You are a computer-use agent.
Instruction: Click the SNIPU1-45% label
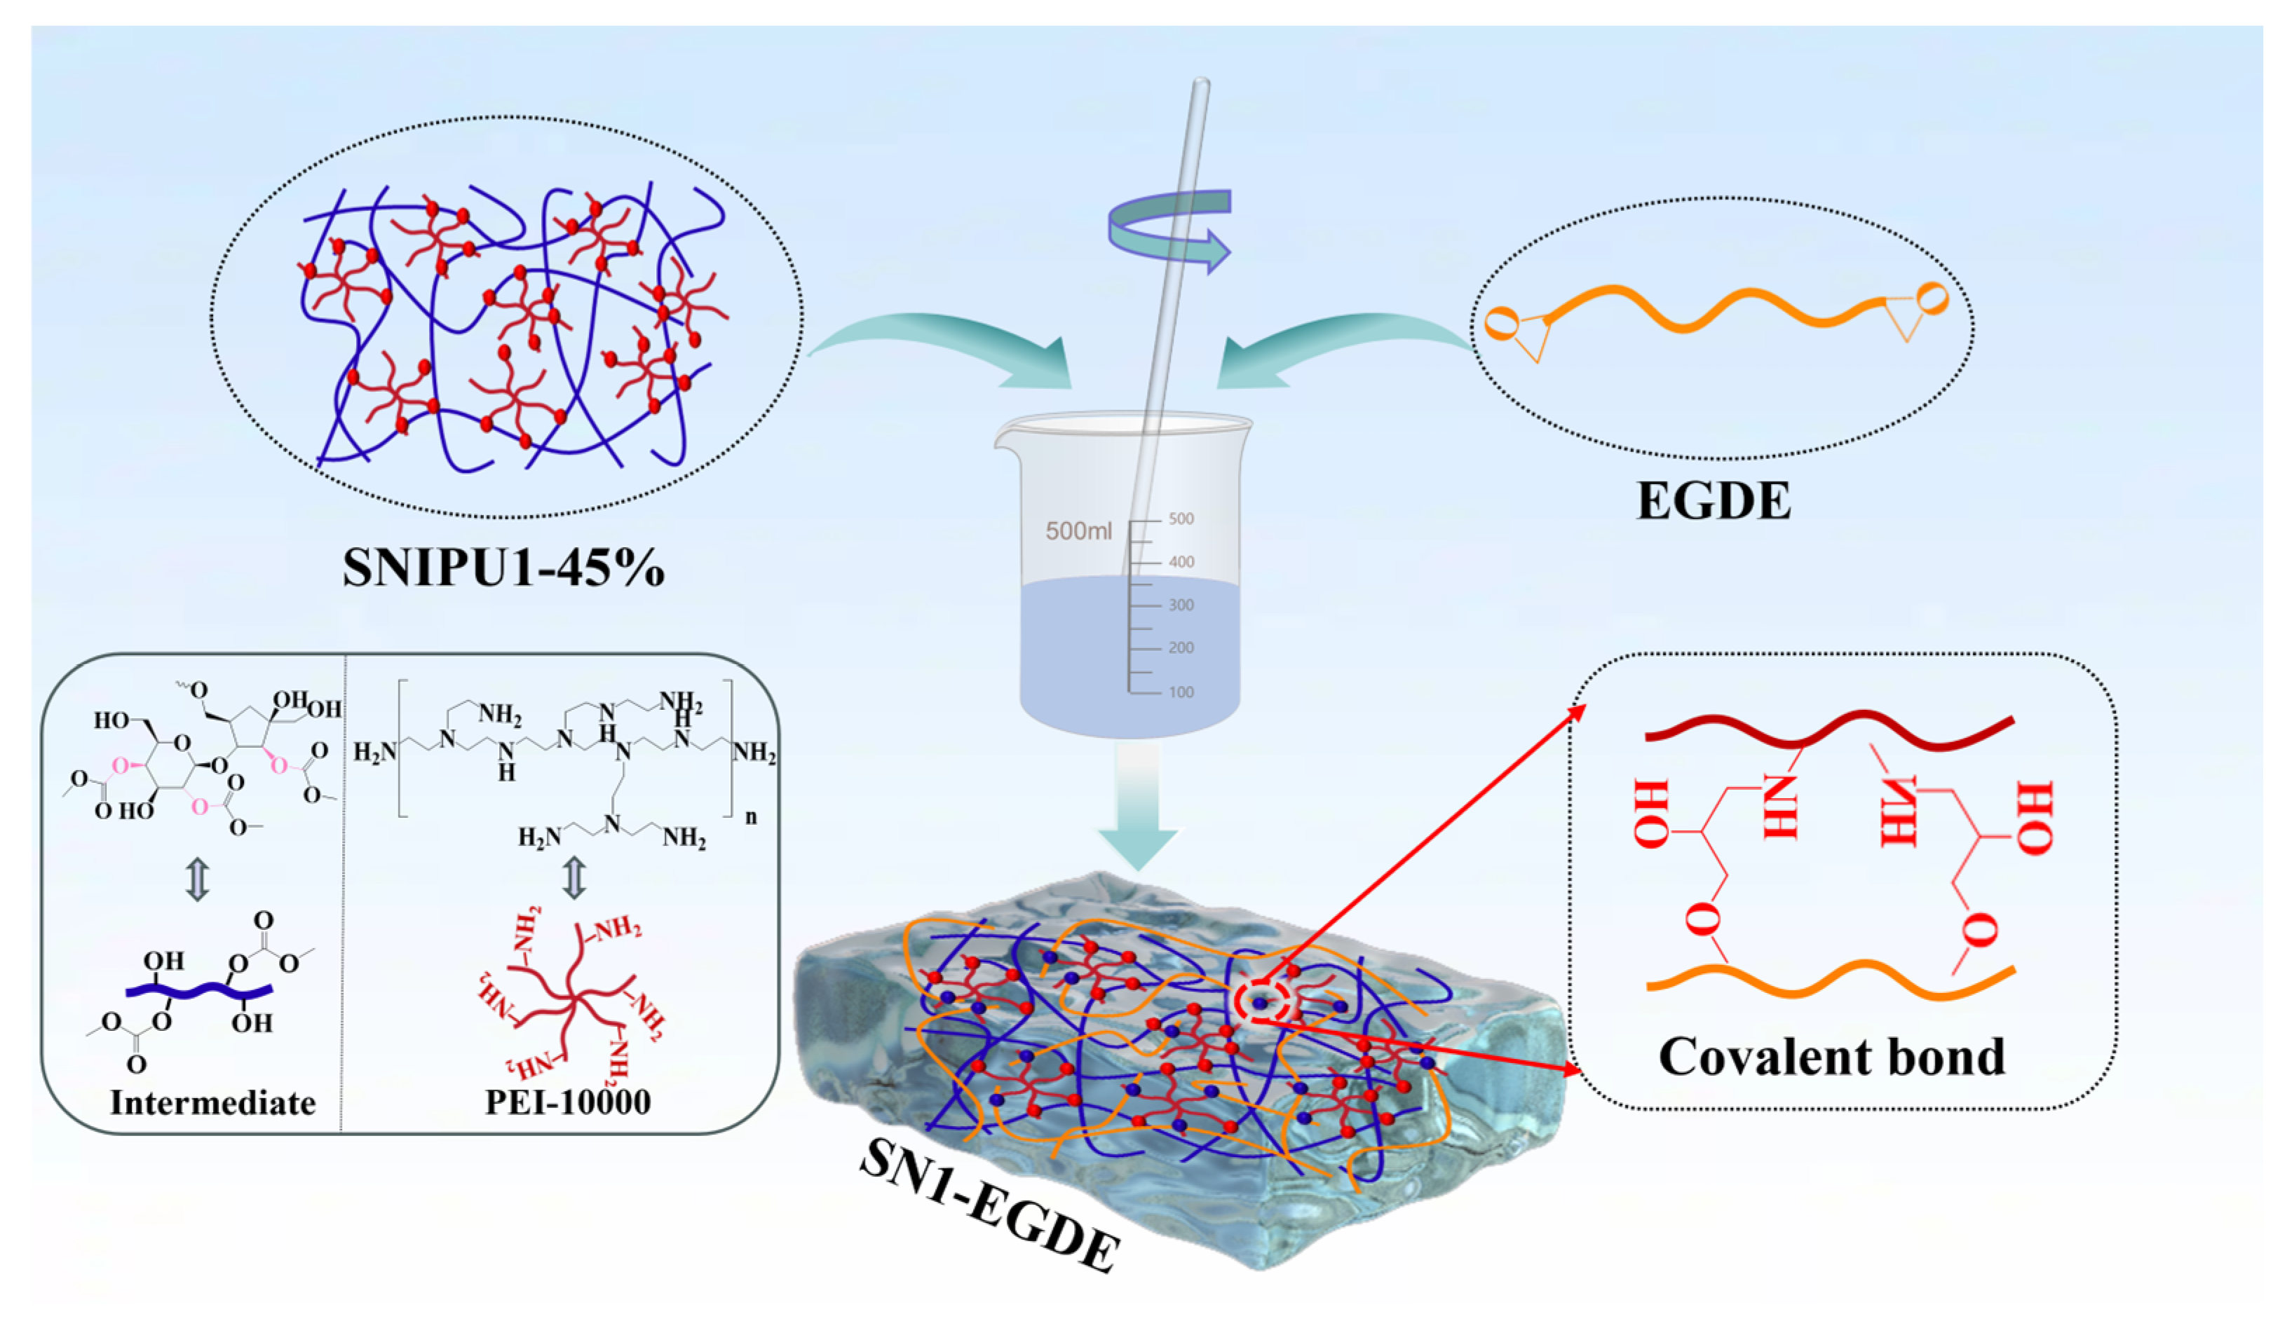[503, 568]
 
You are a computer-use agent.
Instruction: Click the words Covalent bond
[1831, 1057]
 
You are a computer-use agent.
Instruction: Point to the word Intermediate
[212, 1102]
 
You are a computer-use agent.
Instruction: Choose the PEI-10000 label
[568, 1102]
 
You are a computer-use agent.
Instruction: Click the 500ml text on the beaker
[1078, 530]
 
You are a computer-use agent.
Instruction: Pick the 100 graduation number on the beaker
[1181, 692]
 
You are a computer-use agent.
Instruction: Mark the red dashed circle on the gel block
[1261, 1003]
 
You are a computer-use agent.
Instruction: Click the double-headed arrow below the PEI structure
[574, 877]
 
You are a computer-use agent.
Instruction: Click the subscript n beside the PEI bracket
[751, 816]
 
